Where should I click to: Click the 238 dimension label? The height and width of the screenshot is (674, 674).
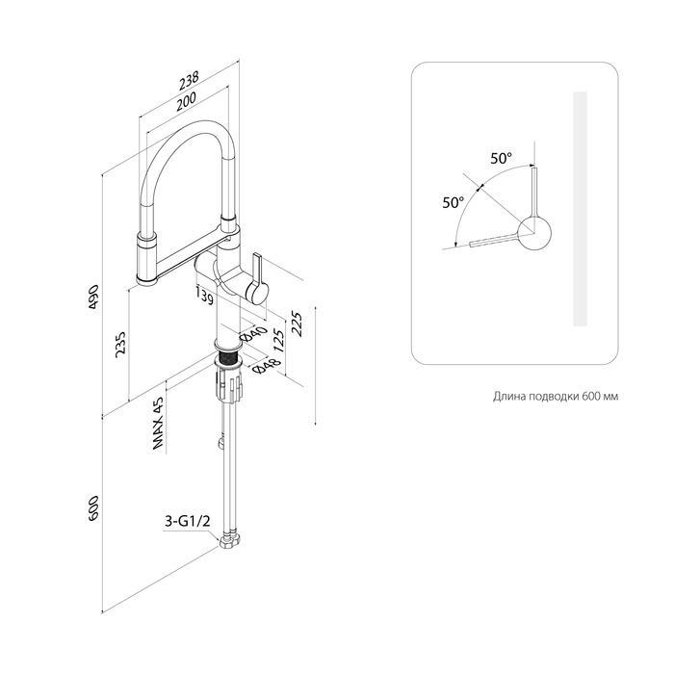tap(189, 80)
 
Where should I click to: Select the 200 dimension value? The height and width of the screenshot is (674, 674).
tap(186, 101)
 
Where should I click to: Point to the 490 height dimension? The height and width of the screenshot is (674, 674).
tap(94, 297)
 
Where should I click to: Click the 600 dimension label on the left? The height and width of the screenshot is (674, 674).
tap(93, 509)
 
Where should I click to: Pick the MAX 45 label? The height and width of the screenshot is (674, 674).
tap(158, 424)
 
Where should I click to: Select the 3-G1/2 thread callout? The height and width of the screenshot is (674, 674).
tap(188, 522)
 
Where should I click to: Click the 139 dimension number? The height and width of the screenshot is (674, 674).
tap(204, 296)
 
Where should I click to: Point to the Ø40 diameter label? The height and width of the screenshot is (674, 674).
tap(253, 333)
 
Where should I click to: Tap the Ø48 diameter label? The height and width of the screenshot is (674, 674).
tap(267, 366)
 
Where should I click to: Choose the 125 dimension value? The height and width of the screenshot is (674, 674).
tap(279, 341)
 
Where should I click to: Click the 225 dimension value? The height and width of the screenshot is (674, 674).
tap(297, 324)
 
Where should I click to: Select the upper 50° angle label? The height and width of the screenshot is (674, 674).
tap(502, 158)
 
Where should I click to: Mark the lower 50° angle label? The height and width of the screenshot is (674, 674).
tap(454, 201)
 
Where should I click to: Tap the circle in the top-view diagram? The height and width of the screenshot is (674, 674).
tap(534, 233)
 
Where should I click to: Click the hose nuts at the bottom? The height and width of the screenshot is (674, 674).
tap(231, 540)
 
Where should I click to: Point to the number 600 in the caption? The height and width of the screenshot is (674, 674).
tap(590, 396)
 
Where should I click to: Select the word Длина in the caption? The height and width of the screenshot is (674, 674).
tap(509, 397)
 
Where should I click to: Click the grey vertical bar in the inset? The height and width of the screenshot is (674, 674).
tap(581, 209)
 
